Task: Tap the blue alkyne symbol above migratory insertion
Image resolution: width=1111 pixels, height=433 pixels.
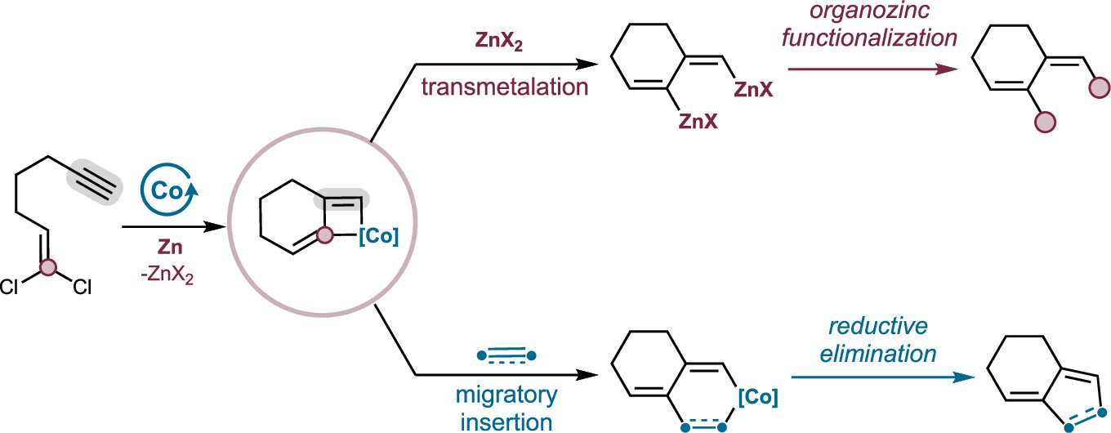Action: coord(506,355)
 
